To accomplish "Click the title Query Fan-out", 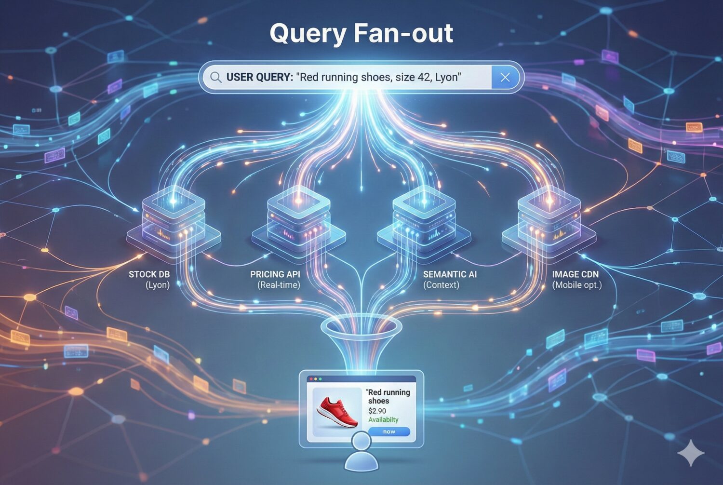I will point(361,34).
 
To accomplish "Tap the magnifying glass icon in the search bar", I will point(215,78).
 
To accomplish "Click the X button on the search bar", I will point(505,77).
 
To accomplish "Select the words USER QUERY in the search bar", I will point(259,77).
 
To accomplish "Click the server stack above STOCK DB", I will point(174,219).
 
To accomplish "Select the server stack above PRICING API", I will point(299,219).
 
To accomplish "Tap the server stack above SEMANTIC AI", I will point(424,219).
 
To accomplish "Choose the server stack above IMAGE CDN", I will point(549,219).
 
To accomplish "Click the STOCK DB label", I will point(149,274).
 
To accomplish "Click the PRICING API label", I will point(275,274).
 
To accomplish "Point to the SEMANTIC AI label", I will point(450,274).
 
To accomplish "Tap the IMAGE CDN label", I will point(575,274).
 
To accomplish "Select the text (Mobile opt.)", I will point(576,285).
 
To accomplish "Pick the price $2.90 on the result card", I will point(377,411).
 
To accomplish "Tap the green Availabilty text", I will point(383,419).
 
